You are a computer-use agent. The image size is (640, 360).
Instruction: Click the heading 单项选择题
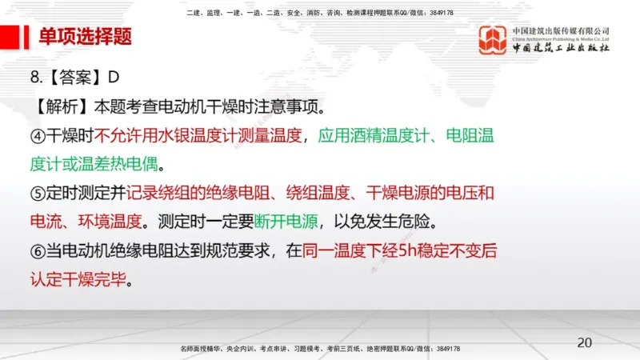(x=86, y=38)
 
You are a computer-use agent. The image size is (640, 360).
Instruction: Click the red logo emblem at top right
(x=493, y=40)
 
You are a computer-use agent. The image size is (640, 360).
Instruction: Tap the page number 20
(x=585, y=342)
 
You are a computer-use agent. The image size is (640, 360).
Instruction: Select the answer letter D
(x=113, y=77)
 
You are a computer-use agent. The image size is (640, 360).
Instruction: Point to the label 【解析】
(x=62, y=106)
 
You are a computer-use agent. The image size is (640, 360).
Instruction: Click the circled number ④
(x=38, y=134)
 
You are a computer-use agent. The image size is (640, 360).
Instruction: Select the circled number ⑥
(x=38, y=250)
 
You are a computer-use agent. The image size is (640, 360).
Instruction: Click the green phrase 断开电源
(x=282, y=221)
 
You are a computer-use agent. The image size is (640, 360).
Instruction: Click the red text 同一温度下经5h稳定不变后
(x=400, y=250)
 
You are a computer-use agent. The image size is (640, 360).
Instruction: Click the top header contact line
(x=319, y=13)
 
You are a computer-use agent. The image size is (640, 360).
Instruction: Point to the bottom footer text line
(x=319, y=350)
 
